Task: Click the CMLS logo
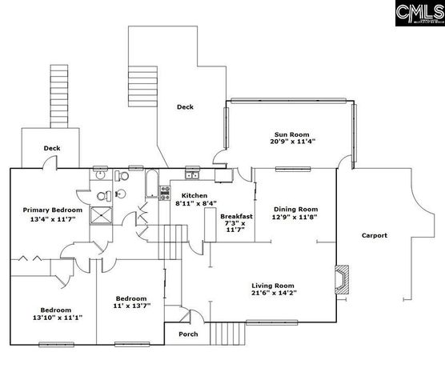[x=419, y=14]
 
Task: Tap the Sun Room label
[x=292, y=134]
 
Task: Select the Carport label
[x=374, y=235]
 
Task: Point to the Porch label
[x=188, y=334]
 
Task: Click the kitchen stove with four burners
[x=165, y=192]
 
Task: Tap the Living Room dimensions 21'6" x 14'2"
[x=274, y=294]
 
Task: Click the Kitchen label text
[x=194, y=196]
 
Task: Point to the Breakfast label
[x=237, y=216]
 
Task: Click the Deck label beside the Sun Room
[x=185, y=106]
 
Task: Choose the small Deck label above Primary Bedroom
[x=52, y=148]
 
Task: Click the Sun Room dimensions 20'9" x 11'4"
[x=292, y=142]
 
